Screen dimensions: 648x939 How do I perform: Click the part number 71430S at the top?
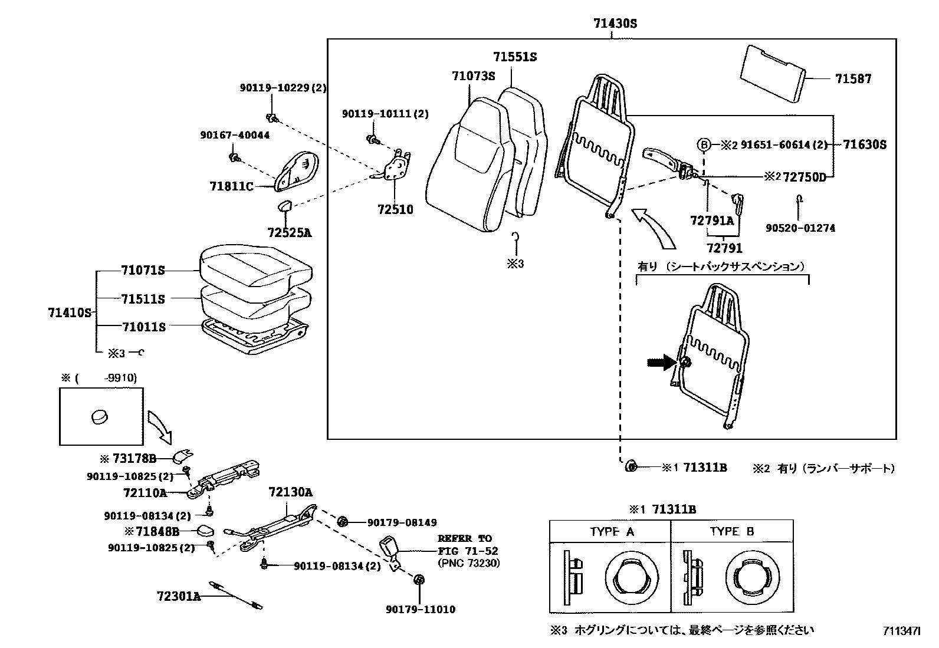pos(615,24)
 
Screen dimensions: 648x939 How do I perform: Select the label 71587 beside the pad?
pos(852,78)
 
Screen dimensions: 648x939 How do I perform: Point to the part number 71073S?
pos(473,76)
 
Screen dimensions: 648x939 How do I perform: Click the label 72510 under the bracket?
pos(395,209)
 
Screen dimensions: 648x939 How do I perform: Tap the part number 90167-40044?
pos(234,135)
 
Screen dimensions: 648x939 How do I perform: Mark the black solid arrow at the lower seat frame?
pos(661,362)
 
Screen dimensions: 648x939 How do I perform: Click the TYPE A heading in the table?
pos(612,531)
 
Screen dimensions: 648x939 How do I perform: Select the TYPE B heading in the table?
pos(732,531)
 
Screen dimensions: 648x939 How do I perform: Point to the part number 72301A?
pos(179,596)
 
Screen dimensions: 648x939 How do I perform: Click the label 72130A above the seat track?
pos(290,492)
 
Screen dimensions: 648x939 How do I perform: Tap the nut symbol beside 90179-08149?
pos(342,522)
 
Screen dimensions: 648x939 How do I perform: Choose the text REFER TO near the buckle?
pos(464,538)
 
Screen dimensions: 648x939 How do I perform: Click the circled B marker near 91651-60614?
pos(703,144)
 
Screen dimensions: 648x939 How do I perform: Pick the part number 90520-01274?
pos(800,228)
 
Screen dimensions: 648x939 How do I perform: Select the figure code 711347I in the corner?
pos(901,631)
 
